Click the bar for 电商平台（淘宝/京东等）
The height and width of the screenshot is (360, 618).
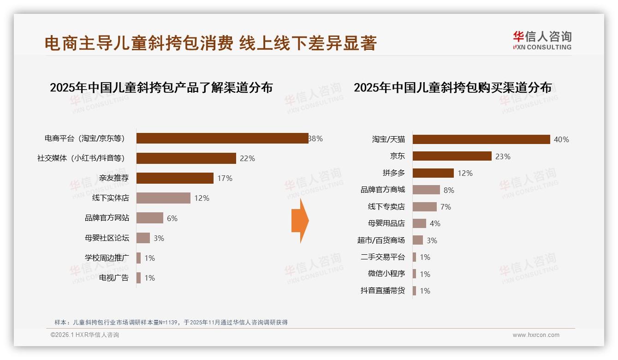click(x=222, y=138)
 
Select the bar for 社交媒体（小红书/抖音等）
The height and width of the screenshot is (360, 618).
click(x=186, y=158)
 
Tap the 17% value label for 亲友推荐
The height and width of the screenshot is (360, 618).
click(x=225, y=178)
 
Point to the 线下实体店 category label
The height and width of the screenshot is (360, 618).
click(x=111, y=198)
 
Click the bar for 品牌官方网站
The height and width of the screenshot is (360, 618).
click(x=150, y=218)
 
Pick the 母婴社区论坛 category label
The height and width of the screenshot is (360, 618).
click(x=107, y=238)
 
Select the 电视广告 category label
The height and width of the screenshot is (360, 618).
click(x=114, y=278)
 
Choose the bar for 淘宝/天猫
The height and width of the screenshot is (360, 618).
click(x=481, y=139)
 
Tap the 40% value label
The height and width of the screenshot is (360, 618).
click(x=561, y=139)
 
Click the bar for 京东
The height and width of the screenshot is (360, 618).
click(x=452, y=156)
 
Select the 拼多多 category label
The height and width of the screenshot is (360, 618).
click(x=393, y=173)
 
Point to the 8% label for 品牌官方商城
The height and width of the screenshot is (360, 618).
click(x=449, y=190)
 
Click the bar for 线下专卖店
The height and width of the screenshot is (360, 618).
click(x=424, y=207)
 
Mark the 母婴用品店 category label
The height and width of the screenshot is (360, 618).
click(x=386, y=223)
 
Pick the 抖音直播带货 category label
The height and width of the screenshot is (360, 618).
click(x=383, y=291)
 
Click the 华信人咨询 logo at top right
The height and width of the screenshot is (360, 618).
click(x=542, y=40)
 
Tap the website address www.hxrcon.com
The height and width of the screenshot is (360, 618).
click(x=536, y=335)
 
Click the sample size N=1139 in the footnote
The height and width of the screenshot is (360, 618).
click(x=164, y=323)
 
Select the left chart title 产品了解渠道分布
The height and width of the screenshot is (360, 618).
click(x=161, y=88)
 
